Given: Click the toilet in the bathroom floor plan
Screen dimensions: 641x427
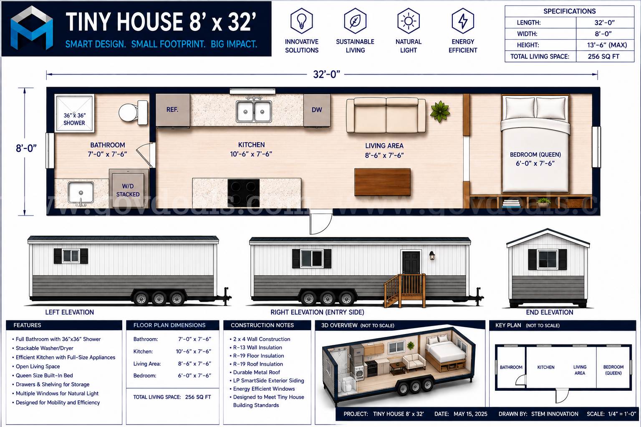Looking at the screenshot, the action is [134, 113].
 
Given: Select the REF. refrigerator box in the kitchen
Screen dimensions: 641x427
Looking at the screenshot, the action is [173, 110].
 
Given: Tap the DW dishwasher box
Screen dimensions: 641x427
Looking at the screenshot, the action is [317, 110].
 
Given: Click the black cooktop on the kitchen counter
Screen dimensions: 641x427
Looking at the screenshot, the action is [244, 193].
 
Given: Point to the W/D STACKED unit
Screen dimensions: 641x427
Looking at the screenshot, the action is [128, 189].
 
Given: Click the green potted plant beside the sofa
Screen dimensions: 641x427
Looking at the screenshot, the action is [440, 111].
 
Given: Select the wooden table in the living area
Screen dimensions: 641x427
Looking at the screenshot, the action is [382, 182].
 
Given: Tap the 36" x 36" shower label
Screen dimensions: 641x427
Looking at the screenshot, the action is [74, 119].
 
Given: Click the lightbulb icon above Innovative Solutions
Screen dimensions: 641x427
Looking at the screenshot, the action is [302, 21].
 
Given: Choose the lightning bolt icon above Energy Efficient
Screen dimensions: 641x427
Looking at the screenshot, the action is [463, 21].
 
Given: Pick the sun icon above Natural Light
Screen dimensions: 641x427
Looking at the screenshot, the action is [409, 21].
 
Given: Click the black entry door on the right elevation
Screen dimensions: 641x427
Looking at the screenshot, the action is [411, 263].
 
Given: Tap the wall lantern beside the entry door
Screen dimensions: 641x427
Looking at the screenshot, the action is [432, 255].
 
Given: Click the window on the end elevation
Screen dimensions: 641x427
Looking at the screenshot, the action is [548, 259].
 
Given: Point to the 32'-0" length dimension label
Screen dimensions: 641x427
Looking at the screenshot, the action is [326, 74].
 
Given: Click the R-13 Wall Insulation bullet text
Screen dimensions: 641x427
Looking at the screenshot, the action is [257, 347].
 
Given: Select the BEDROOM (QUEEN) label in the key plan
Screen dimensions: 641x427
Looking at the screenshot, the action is [613, 370].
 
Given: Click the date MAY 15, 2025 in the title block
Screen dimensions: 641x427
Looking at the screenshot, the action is [470, 414].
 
